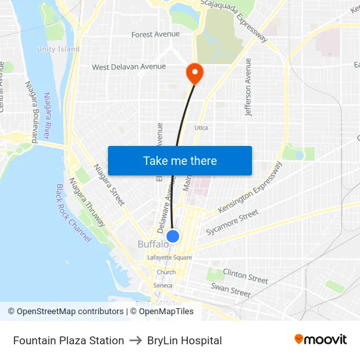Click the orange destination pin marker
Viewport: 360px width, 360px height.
pyautogui.click(x=195, y=72)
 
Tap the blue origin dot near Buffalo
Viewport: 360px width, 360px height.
pyautogui.click(x=173, y=236)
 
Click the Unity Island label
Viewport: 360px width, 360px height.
pyautogui.click(x=58, y=49)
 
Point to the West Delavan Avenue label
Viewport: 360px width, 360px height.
pyautogui.click(x=128, y=67)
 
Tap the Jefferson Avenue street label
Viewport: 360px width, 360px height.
pyautogui.click(x=248, y=88)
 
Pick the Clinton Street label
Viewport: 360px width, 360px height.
pyautogui.click(x=245, y=276)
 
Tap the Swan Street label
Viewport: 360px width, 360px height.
pyautogui.click(x=230, y=291)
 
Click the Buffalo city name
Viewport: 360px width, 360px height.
pyautogui.click(x=152, y=245)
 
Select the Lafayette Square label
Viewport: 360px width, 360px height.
pyautogui.click(x=170, y=258)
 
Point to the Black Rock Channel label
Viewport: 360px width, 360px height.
pyautogui.click(x=73, y=213)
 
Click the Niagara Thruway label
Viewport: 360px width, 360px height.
pyautogui.click(x=86, y=203)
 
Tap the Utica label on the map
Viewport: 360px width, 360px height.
pyautogui.click(x=201, y=128)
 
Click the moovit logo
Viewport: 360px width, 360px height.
pyautogui.click(x=321, y=340)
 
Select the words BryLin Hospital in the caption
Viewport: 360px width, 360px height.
pyautogui.click(x=185, y=340)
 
